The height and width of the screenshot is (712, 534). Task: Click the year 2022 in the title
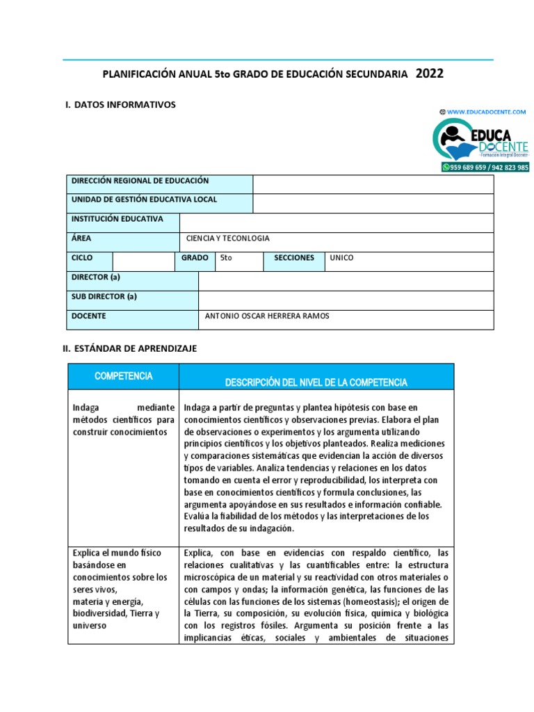430,74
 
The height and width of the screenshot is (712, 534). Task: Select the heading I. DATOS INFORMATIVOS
120,104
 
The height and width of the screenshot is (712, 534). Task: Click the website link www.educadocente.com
486,111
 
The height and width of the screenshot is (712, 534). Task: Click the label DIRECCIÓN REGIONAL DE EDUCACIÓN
140,180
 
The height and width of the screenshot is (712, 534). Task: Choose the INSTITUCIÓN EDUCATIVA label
118,219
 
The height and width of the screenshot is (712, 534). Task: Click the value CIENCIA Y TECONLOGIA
227,238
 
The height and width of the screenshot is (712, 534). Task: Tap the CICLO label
82,258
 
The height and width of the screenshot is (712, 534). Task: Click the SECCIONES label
294,258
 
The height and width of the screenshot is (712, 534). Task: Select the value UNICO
341,258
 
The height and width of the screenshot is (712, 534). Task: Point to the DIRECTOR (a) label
96,277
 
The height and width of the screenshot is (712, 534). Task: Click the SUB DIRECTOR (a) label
104,296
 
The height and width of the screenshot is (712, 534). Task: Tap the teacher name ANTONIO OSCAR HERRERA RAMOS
268,316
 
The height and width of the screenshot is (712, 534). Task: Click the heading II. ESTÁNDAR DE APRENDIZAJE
130,348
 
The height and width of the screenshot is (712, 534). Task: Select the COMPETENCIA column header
123,376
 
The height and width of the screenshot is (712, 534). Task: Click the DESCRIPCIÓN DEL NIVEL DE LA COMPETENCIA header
316,383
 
